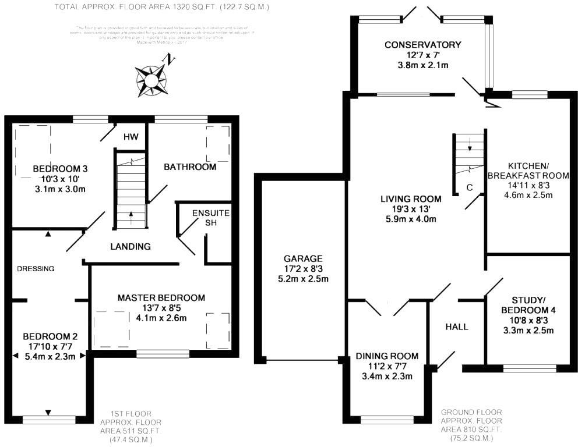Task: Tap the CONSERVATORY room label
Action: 422,45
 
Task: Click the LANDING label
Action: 131,246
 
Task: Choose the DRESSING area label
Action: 36,269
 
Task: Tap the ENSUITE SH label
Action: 210,219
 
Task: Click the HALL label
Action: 457,327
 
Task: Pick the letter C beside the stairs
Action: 470,187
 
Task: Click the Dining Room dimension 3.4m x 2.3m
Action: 387,376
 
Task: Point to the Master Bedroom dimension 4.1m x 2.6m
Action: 161,318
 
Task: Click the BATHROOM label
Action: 190,167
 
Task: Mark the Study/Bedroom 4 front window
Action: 529,368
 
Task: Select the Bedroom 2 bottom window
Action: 49,419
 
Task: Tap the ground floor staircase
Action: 469,154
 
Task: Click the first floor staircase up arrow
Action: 131,215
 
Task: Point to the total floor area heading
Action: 162,7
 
